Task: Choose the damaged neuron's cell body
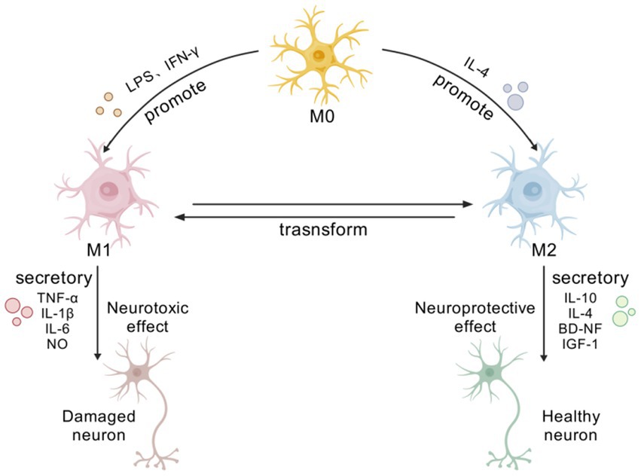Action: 136,372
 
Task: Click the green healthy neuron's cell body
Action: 490,372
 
